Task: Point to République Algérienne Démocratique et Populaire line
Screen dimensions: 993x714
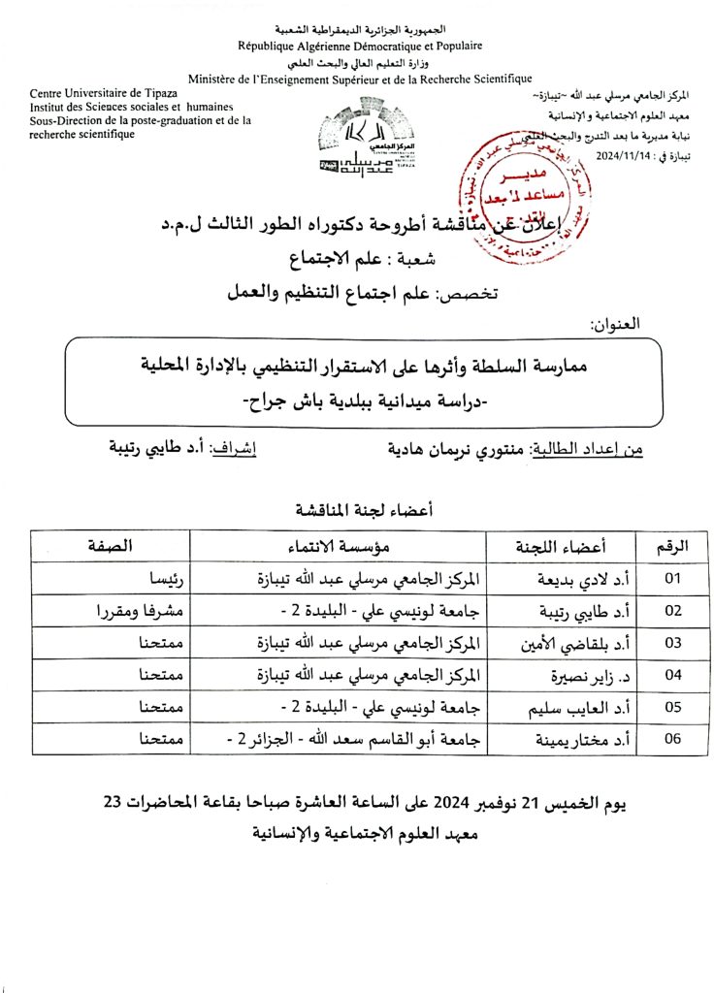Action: point(360,46)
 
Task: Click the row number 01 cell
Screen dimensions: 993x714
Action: point(671,579)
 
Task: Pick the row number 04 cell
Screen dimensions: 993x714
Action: point(671,675)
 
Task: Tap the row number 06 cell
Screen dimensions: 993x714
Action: point(671,739)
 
